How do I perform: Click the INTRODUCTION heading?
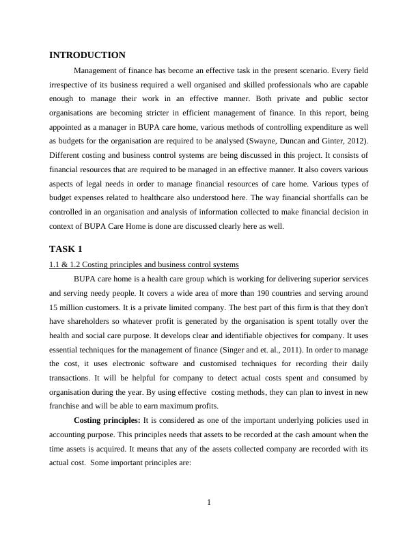(x=87, y=55)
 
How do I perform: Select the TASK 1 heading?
(x=66, y=249)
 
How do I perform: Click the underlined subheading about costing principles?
(x=143, y=265)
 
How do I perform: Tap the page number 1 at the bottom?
(x=209, y=503)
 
